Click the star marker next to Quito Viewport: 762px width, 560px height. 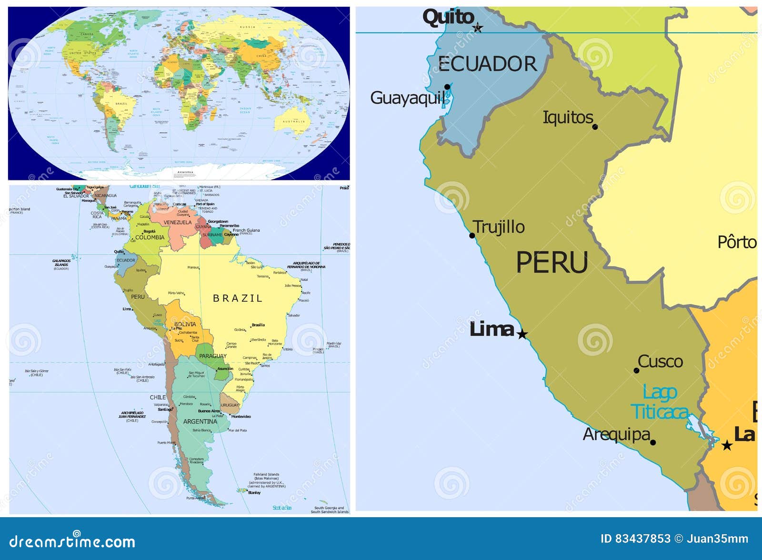pos(478,28)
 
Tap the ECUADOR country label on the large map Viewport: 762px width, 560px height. pos(487,64)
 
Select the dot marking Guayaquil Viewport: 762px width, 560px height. pos(447,87)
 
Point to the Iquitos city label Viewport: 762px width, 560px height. pos(568,118)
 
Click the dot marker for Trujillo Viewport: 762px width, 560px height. pos(472,236)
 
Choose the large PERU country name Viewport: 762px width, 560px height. pos(552,263)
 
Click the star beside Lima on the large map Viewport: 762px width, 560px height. pos(522,334)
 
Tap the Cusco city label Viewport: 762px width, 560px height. pos(660,362)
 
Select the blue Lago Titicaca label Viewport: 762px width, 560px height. pos(660,403)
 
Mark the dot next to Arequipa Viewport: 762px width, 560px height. pos(653,442)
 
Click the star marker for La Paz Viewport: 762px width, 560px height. pos(727,445)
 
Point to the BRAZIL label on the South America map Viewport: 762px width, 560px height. pos(237,298)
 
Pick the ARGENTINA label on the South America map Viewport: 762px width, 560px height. pos(200,422)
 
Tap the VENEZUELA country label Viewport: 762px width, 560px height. pos(178,223)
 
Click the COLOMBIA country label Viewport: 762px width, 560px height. pos(150,237)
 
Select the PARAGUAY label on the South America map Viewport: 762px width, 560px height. pos(212,356)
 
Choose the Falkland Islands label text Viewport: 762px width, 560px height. pos(266,475)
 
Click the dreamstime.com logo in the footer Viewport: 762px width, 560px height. pos(72,541)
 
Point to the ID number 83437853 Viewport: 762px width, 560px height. pos(642,539)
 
